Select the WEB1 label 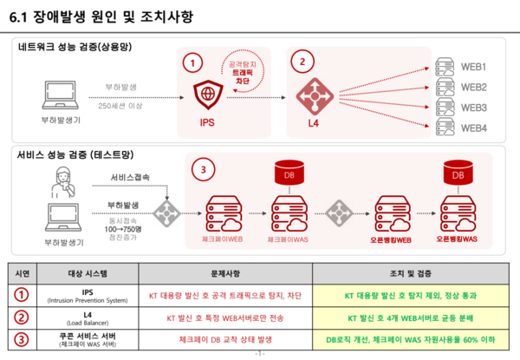pos(473,67)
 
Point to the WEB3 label pos(473,108)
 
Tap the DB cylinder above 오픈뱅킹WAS pos(458,175)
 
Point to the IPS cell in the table pos(88,295)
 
